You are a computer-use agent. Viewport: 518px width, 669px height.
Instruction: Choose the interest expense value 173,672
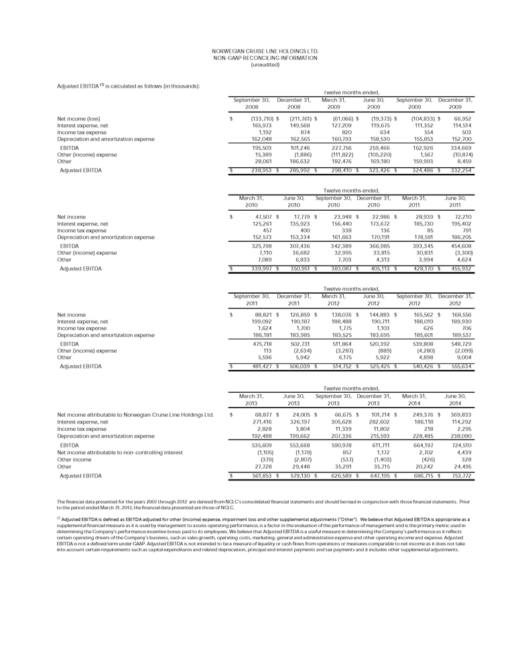click(x=375, y=224)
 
